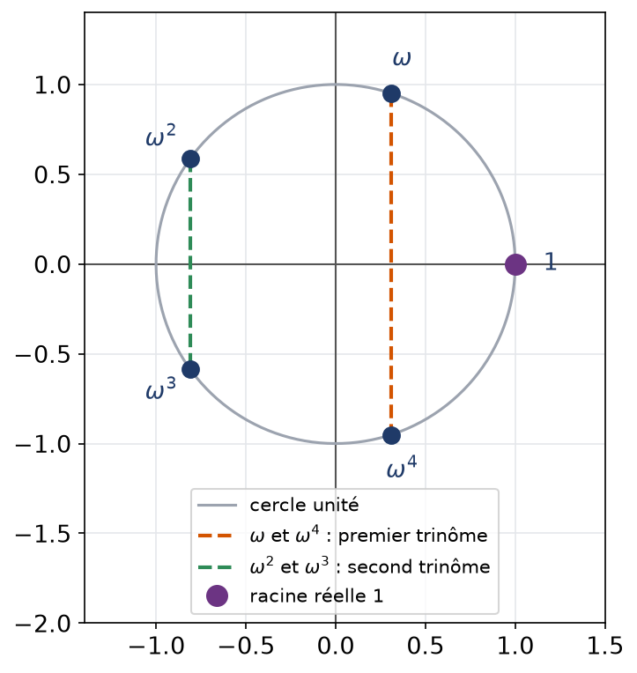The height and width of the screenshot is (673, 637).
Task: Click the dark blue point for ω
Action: point(391,93)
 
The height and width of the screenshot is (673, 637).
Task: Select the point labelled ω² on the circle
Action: point(190,159)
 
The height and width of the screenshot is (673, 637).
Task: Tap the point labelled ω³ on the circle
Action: point(190,370)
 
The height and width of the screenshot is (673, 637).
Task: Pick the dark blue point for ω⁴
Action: point(391,436)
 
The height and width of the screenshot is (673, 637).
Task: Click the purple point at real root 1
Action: point(515,264)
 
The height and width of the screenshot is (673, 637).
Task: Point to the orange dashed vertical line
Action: point(391,264)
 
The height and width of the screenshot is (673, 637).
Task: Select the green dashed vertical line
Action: point(190,264)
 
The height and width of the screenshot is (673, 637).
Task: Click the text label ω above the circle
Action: point(402,59)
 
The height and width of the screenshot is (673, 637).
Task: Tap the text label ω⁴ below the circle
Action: point(402,466)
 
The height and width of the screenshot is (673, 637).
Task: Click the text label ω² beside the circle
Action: point(161,135)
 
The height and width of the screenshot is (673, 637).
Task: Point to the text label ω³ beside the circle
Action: point(161,388)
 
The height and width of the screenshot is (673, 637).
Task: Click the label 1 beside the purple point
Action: point(551,262)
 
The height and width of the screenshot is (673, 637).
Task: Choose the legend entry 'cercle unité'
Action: point(304,505)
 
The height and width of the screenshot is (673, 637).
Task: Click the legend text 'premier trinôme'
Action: point(413,536)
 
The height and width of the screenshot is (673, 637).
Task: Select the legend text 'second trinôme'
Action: point(418,567)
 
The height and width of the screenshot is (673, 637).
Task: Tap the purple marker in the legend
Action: point(217,595)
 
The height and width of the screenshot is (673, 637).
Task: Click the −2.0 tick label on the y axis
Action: point(43,623)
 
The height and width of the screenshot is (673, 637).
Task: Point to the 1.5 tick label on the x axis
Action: point(604,646)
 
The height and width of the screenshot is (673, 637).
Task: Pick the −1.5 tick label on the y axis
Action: point(43,534)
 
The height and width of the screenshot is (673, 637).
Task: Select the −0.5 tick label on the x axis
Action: point(245,646)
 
